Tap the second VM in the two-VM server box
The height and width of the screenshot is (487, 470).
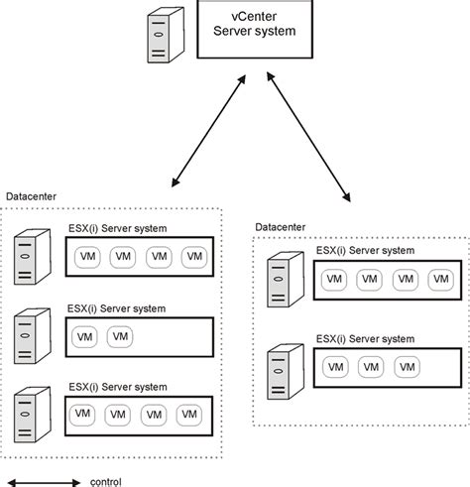click(120, 336)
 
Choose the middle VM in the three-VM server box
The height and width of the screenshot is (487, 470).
click(370, 367)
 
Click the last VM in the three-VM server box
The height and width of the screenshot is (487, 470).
click(405, 367)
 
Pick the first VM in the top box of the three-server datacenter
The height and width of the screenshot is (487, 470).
click(86, 257)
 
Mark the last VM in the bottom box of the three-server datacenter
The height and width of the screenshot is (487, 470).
click(186, 414)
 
